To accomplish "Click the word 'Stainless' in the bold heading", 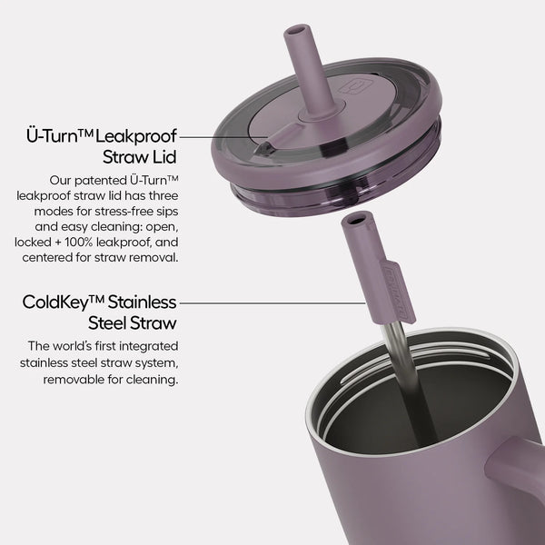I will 145,302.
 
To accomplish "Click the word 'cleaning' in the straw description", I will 153,380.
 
